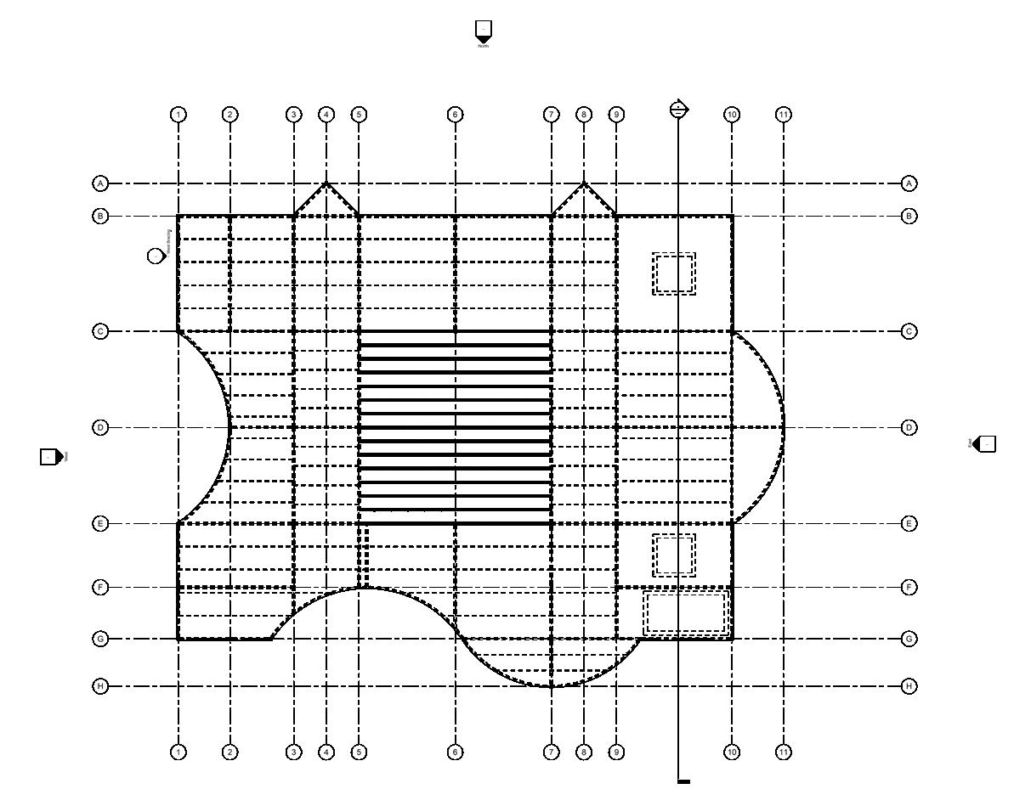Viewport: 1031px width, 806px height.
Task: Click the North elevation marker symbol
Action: click(x=484, y=31)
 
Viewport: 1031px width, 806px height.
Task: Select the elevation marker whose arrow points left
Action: click(x=984, y=443)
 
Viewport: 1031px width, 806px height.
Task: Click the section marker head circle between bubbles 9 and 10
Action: click(x=678, y=110)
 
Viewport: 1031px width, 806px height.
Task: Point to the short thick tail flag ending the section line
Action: click(x=683, y=781)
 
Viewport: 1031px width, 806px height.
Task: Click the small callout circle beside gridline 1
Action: click(x=156, y=256)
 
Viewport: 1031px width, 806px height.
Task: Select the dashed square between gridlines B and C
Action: click(x=674, y=273)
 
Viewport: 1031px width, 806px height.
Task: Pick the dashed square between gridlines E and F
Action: click(x=674, y=555)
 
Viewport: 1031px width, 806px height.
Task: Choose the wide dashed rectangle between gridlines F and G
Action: click(x=686, y=613)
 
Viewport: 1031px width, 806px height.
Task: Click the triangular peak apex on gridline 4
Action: click(x=326, y=183)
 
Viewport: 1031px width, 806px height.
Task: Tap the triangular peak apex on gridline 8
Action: click(x=584, y=183)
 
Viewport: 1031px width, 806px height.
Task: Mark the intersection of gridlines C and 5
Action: click(x=359, y=331)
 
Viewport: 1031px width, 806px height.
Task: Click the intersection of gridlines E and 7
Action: click(x=552, y=524)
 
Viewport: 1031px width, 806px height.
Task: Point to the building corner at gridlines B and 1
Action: click(x=178, y=217)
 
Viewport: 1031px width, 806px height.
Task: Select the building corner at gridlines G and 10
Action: click(x=732, y=639)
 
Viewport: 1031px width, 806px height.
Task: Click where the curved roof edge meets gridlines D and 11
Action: click(x=784, y=427)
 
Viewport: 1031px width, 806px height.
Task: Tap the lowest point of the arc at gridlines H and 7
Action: click(x=552, y=685)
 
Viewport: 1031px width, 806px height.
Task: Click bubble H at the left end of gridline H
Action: click(x=100, y=685)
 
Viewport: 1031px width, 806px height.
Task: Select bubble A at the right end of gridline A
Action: click(x=909, y=183)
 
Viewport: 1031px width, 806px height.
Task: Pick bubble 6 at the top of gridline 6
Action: click(x=455, y=114)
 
